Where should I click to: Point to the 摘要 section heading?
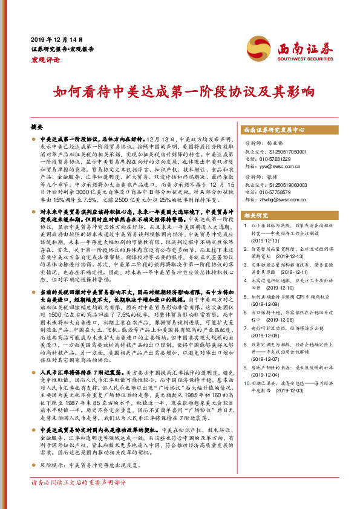pos(37,128)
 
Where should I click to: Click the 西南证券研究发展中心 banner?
pos(282,130)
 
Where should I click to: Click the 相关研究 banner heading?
pos(256,215)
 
